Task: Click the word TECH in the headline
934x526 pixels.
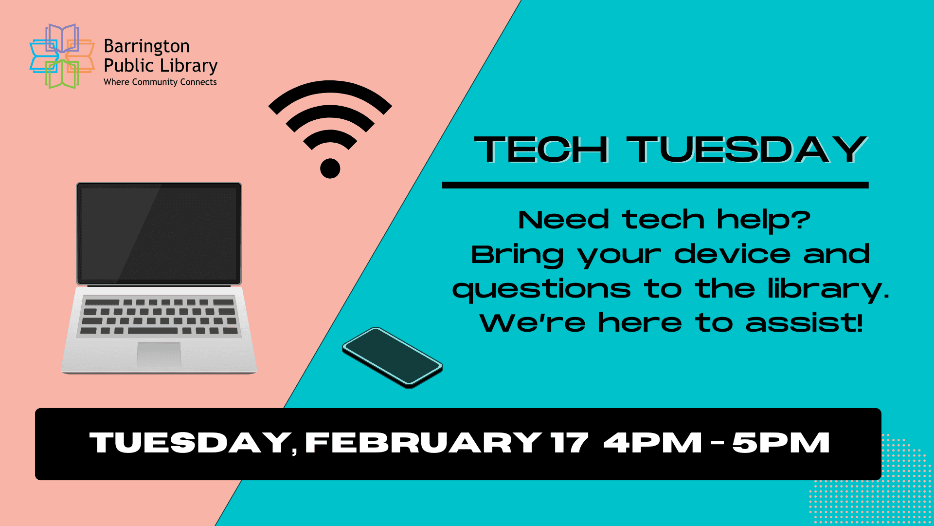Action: pos(541,149)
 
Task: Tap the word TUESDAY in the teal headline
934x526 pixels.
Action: pos(747,149)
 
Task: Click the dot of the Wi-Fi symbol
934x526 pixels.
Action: pos(330,169)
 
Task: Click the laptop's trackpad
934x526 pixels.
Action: pos(159,354)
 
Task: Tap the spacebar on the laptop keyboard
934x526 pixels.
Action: pos(152,331)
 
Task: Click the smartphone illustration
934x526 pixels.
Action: pos(392,357)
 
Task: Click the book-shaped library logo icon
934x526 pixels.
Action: pos(62,56)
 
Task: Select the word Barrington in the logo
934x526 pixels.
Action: pos(146,46)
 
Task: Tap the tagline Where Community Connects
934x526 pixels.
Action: pos(160,82)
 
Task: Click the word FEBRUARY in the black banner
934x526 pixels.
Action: pos(423,443)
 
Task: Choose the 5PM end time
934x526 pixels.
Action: pos(781,443)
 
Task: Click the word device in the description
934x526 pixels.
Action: pos(732,254)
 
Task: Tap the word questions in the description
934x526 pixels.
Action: pos(541,289)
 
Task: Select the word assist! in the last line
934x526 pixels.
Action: pos(804,323)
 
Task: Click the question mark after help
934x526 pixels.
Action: pos(800,220)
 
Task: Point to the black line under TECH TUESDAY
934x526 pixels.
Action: pos(655,185)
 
